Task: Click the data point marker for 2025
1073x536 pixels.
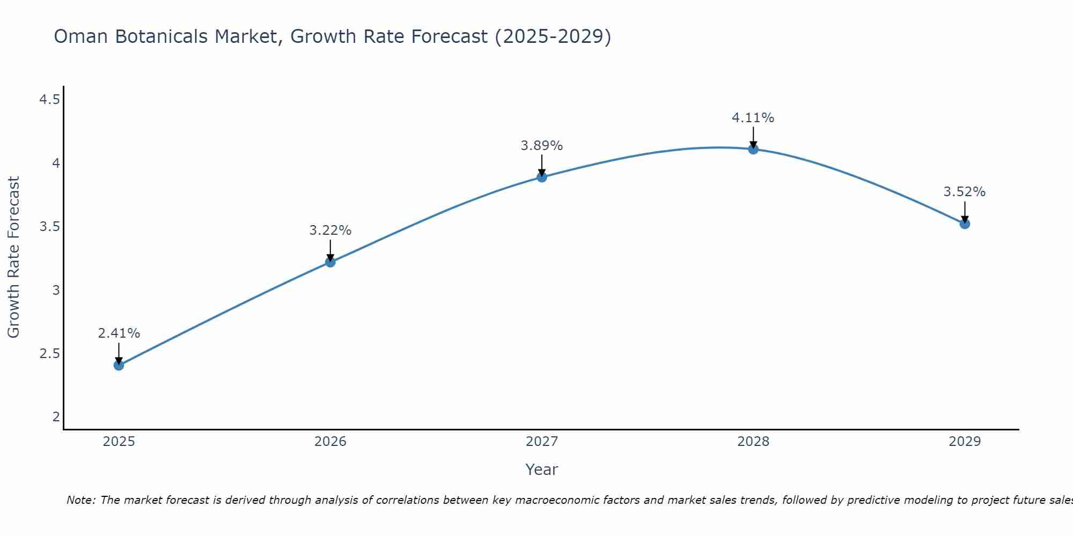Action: click(x=119, y=366)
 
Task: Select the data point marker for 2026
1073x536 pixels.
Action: click(x=330, y=262)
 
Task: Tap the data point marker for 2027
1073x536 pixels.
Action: click(x=542, y=177)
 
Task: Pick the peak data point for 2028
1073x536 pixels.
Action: click(x=753, y=149)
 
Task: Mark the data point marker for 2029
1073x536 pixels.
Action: click(x=965, y=224)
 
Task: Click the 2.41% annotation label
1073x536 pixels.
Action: click(x=119, y=333)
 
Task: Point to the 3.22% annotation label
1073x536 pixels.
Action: click(x=330, y=230)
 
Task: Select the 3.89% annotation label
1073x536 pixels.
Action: click(x=542, y=146)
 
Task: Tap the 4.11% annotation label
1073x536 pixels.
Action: click(x=753, y=118)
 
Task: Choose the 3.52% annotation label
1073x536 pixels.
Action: click(x=965, y=192)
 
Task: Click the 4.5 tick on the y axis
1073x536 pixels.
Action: click(x=49, y=100)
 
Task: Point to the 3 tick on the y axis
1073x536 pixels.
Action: click(x=56, y=291)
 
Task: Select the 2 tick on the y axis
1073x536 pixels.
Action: click(x=56, y=417)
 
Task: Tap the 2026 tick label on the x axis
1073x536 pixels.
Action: click(x=330, y=442)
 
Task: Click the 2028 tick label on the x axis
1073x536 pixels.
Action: click(x=753, y=442)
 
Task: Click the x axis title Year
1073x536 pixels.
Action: click(x=542, y=470)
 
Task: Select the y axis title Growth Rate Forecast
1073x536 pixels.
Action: click(x=13, y=257)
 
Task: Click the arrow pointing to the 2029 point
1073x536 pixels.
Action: click(x=965, y=212)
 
